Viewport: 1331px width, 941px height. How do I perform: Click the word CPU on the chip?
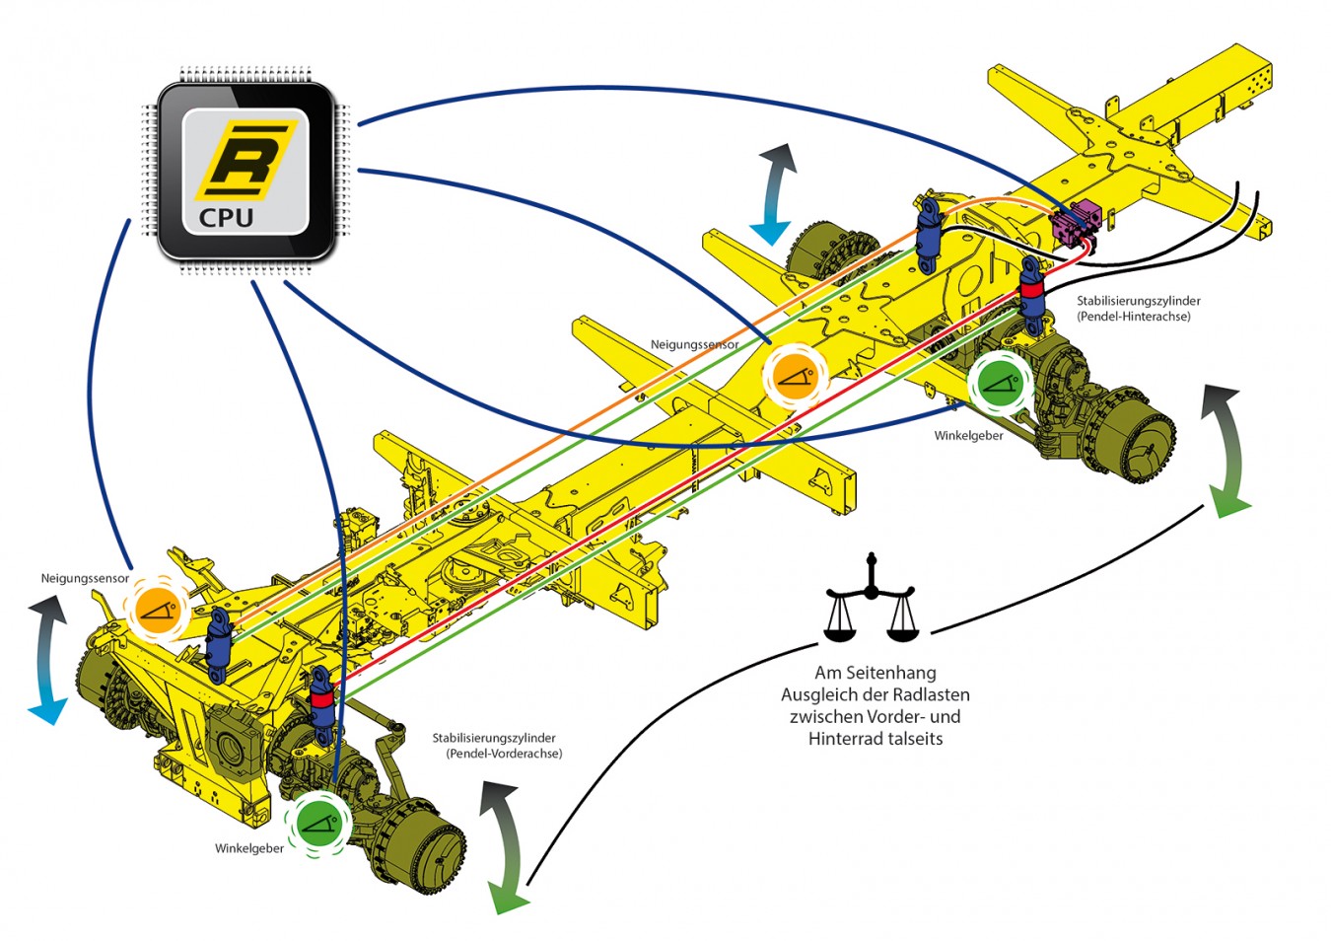click(227, 218)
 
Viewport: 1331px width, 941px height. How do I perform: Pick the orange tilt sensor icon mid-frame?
click(794, 376)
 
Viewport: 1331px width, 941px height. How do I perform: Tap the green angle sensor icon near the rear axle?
click(999, 383)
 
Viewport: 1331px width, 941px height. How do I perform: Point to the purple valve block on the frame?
click(1076, 222)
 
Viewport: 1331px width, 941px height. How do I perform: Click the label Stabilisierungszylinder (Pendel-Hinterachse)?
click(1138, 309)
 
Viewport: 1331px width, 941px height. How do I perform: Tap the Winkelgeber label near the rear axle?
click(968, 435)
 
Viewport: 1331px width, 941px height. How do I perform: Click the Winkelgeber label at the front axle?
click(249, 848)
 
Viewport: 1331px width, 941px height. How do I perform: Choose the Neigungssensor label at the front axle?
click(85, 578)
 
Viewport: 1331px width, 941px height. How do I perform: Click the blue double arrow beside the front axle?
click(47, 661)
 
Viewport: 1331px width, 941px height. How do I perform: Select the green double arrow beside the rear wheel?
click(1225, 452)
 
